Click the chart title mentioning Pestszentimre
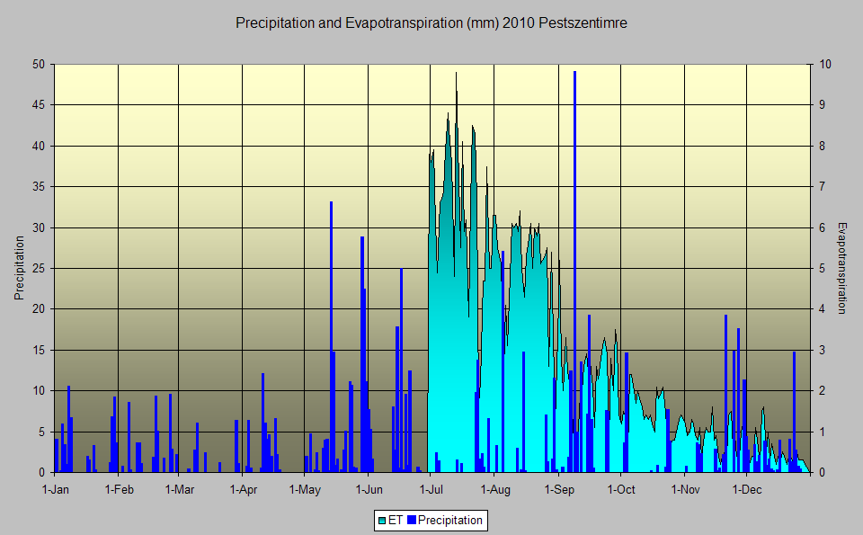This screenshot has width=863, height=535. coord(431,23)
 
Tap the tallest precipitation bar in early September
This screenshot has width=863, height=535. coord(574,270)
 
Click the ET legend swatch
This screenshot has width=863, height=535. coord(382,520)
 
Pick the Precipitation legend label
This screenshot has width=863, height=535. coord(449,520)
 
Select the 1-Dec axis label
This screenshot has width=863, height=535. coord(747,490)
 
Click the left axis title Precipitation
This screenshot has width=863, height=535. coord(19,268)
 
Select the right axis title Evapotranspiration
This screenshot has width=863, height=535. coord(842,268)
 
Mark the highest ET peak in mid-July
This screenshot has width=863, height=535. coord(456,74)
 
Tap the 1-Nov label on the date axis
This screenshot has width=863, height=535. coord(685,490)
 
